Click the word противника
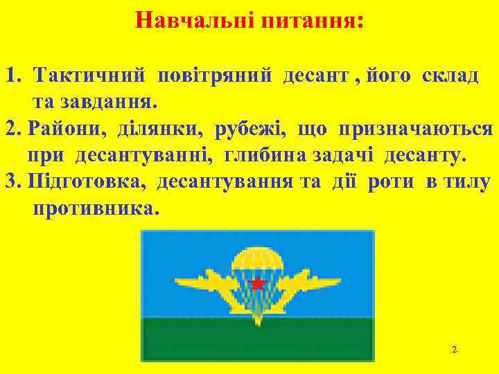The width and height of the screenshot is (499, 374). (x=96, y=208)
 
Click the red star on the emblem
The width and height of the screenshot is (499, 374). (x=258, y=283)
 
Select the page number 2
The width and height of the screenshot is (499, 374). (x=454, y=350)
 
